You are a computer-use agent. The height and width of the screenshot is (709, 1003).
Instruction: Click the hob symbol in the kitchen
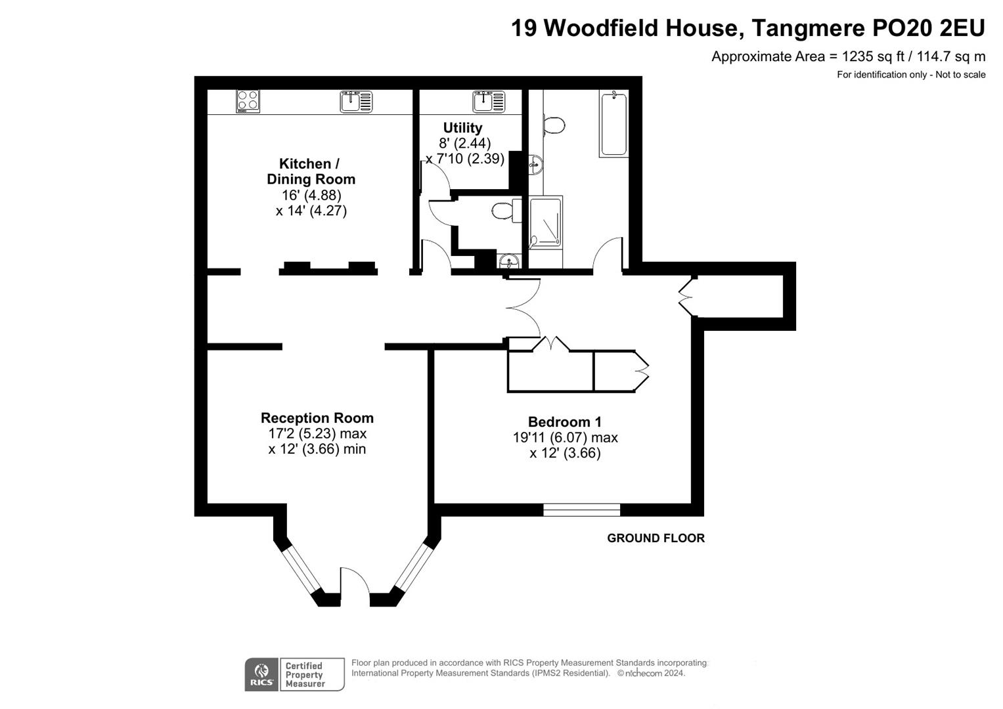click(248, 101)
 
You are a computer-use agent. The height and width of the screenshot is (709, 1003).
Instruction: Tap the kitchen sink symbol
click(356, 102)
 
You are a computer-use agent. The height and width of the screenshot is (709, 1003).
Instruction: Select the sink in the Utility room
click(489, 102)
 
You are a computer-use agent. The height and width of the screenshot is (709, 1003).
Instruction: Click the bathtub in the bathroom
click(613, 123)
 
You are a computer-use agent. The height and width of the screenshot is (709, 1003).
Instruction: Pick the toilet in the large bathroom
click(552, 125)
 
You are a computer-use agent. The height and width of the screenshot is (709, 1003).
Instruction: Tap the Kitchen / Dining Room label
click(311, 171)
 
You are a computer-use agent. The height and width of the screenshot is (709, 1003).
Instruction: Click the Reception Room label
click(317, 418)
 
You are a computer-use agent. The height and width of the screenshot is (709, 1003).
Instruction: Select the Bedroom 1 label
click(564, 422)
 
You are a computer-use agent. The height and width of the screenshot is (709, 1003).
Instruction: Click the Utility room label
click(462, 128)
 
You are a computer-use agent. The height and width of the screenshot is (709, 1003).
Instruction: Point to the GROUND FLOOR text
click(656, 538)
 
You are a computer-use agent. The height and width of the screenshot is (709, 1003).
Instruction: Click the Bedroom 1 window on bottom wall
click(581, 509)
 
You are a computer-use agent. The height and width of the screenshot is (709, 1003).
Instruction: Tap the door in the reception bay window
click(355, 584)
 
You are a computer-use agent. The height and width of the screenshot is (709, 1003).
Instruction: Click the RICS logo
click(261, 675)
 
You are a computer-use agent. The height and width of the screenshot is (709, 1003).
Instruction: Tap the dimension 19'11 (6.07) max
click(565, 438)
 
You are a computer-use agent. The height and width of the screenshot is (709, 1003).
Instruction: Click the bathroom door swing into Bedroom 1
click(608, 255)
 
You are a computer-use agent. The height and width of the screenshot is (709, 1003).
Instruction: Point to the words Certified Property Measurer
click(305, 675)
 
